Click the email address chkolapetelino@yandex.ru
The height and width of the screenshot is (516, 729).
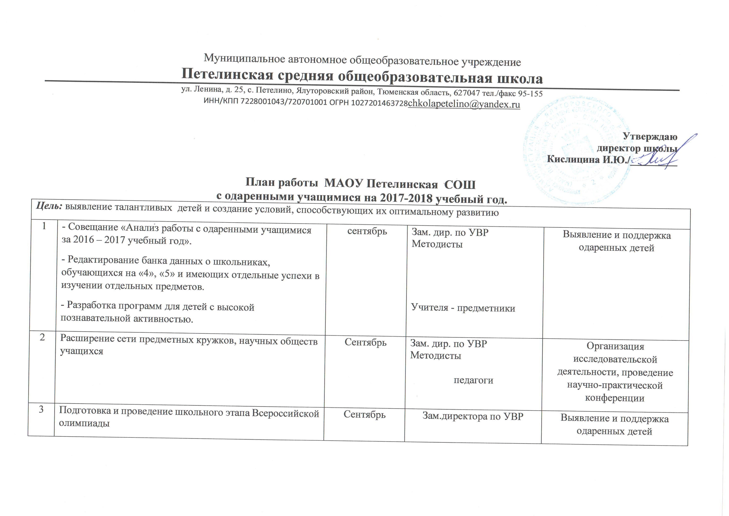(x=464, y=104)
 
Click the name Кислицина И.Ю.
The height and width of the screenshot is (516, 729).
(x=587, y=160)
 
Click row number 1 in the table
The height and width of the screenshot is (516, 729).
(x=44, y=226)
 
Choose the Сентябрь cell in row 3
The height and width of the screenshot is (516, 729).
(x=365, y=415)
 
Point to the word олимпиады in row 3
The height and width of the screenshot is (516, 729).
(x=84, y=424)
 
